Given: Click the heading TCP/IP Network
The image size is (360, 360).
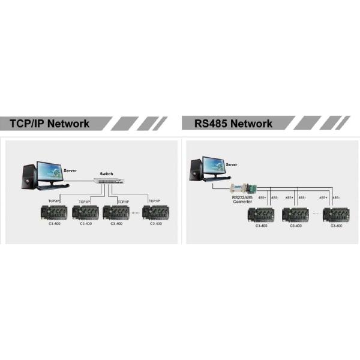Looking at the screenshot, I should point(49,124).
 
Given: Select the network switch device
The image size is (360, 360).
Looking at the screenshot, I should point(107,181).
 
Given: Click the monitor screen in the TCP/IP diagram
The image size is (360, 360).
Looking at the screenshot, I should point(49,172).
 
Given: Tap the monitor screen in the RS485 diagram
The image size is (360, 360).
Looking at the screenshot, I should point(213,166).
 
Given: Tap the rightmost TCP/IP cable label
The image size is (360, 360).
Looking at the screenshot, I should point(155,200).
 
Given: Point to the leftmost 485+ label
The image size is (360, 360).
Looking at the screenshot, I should point(262,197).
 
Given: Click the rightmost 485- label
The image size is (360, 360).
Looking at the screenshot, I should point(336,197).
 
